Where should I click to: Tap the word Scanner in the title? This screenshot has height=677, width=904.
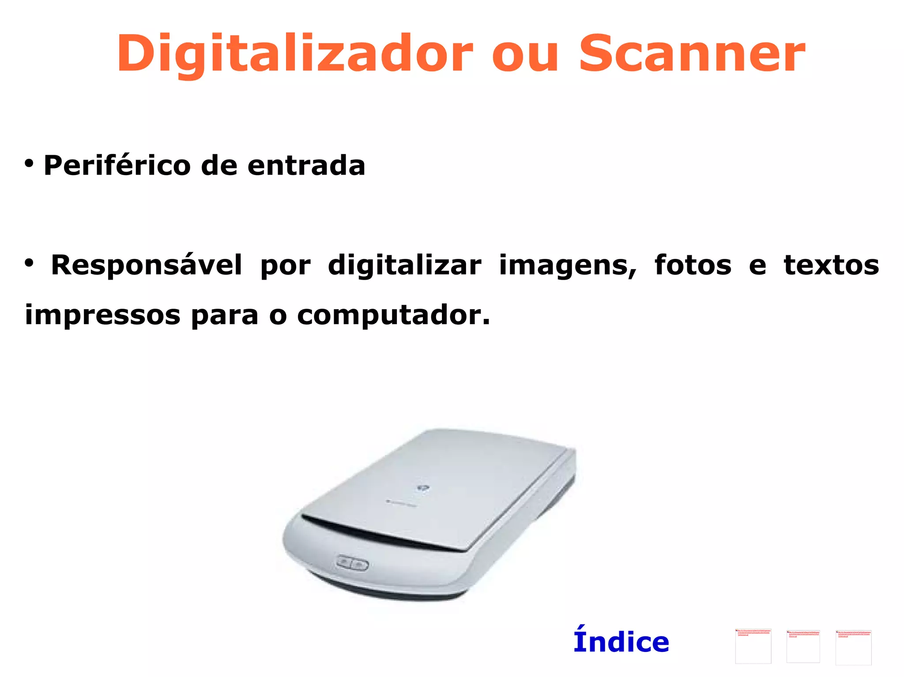tap(692, 54)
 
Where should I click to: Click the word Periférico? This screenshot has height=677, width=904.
tap(117, 165)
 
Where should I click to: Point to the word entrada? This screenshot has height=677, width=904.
tap(306, 165)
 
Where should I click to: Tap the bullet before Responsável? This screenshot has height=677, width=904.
tap(29, 263)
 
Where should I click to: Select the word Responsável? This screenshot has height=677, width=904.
tap(147, 266)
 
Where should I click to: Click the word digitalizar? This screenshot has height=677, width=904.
tap(404, 266)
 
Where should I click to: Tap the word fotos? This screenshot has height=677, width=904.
tap(693, 266)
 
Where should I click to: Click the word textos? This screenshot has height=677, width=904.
tap(831, 266)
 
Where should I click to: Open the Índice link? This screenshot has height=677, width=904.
tap(621, 642)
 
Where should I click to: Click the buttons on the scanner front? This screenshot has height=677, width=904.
tap(352, 564)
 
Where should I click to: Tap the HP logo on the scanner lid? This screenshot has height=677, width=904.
tap(422, 488)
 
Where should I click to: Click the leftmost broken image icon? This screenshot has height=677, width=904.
tap(753, 646)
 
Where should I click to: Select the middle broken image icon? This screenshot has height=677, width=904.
tap(803, 647)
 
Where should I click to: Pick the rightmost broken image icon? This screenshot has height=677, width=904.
tap(853, 647)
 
